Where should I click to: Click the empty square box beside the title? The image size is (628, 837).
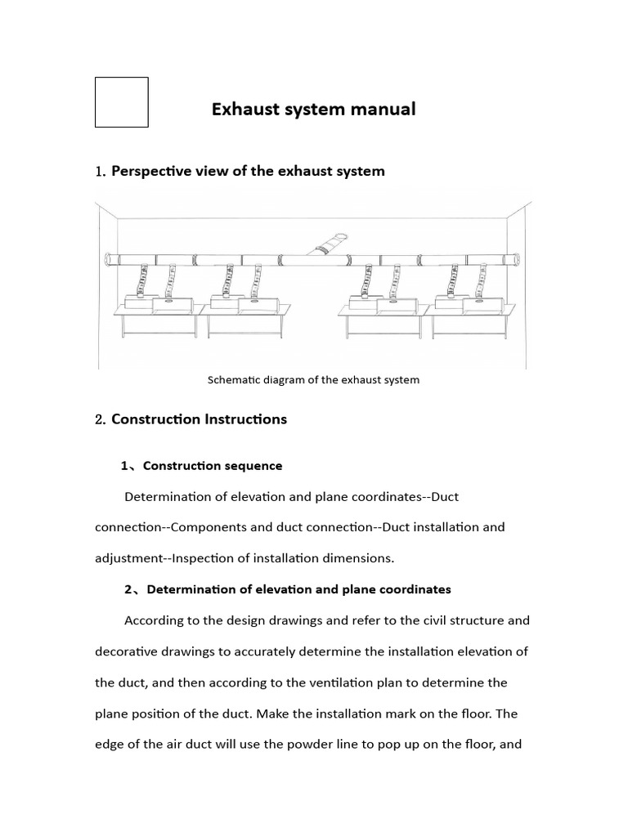coord(121,102)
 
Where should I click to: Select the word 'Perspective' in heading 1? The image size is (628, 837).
coord(150,171)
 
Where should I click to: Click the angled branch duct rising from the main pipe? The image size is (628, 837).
coord(330,244)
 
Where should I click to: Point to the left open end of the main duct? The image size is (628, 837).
coord(107,261)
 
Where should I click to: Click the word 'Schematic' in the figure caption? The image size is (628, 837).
coord(233,380)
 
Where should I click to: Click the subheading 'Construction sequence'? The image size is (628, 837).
coord(213,466)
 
